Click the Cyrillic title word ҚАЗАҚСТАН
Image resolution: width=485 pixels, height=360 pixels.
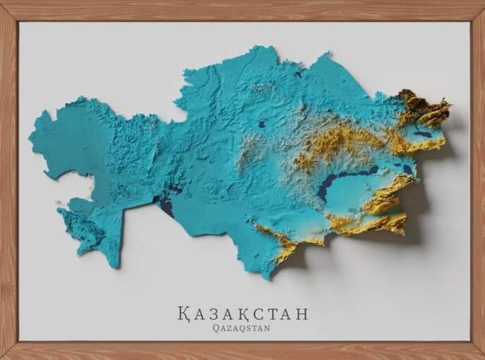(x=243, y=313)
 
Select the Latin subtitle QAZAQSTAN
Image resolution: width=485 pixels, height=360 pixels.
(x=243, y=329)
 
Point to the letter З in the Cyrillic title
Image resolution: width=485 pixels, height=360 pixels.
(x=216, y=313)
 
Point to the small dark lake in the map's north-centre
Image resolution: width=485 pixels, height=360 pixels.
(x=262, y=125)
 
